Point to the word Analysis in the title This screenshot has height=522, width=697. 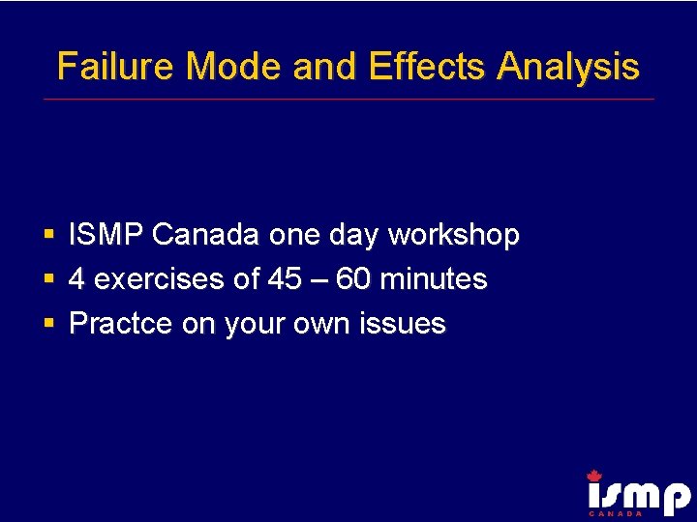tap(568, 67)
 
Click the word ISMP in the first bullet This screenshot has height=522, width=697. tap(106, 235)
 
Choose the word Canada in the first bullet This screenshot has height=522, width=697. tap(206, 235)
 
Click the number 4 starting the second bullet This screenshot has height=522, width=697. tap(77, 279)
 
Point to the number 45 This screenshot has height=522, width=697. tap(284, 279)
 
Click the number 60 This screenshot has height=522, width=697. tap(354, 279)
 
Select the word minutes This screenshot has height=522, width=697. tap(434, 279)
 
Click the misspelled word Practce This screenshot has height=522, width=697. tap(121, 324)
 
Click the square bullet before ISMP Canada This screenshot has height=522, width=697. tap(48, 235)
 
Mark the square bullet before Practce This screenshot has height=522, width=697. tap(48, 324)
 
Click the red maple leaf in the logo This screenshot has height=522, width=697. tap(594, 476)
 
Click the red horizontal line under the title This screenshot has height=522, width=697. tap(348, 99)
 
